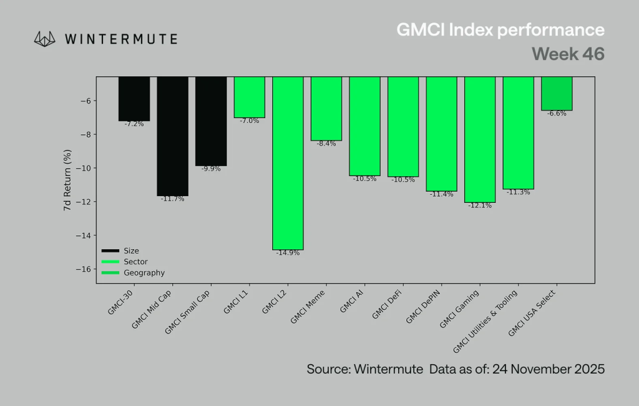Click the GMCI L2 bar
(x=288, y=163)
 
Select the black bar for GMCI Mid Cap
(x=172, y=136)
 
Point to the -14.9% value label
(x=288, y=254)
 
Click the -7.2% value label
(x=134, y=124)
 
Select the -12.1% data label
(x=480, y=206)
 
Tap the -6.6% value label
(x=557, y=114)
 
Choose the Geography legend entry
(x=144, y=273)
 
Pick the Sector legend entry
(x=135, y=262)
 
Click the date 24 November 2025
(x=549, y=369)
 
